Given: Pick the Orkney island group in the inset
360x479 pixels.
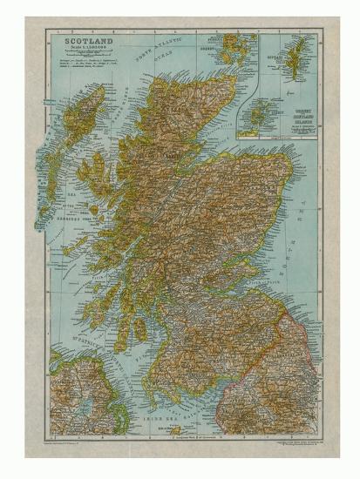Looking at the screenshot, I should coord(257,113).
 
